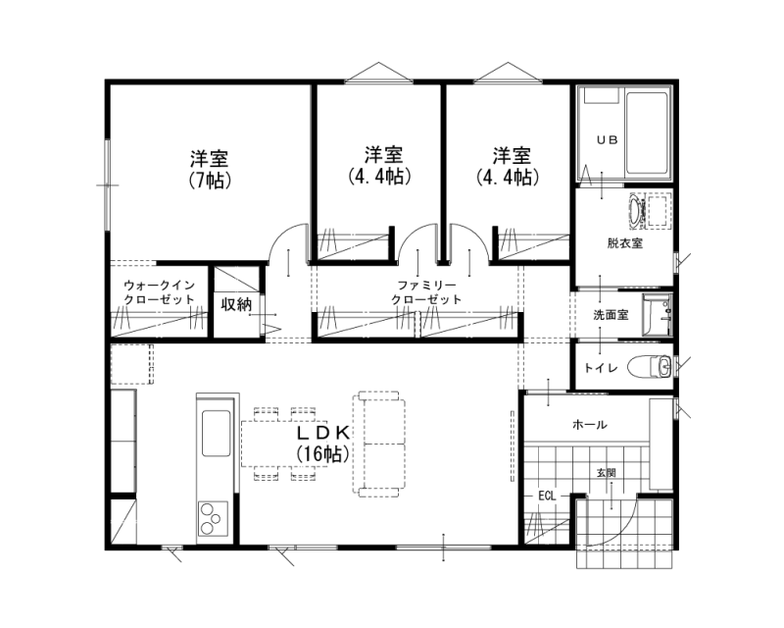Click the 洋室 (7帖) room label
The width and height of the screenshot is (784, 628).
click(210, 170)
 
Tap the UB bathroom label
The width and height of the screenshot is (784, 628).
click(608, 140)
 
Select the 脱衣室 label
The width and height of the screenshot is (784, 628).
click(625, 243)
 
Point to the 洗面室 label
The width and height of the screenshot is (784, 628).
click(611, 315)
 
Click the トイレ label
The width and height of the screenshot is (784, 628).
click(602, 368)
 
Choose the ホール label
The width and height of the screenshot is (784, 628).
click(590, 425)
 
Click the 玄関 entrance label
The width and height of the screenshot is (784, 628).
click(606, 472)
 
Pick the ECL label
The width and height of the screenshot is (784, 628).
click(547, 496)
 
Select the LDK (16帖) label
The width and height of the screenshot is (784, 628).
click(322, 444)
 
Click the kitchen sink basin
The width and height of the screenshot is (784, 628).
click(216, 433)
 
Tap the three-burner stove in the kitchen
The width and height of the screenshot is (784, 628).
click(213, 518)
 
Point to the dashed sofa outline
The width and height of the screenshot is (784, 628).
click(379, 445)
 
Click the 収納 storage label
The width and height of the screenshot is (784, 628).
click(236, 304)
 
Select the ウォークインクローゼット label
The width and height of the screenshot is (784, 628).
click(159, 292)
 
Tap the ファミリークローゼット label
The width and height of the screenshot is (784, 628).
click(426, 292)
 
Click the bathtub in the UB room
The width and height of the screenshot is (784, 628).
click(647, 133)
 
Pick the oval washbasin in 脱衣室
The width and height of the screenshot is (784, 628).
click(636, 212)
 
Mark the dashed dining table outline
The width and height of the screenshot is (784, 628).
click(284, 445)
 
